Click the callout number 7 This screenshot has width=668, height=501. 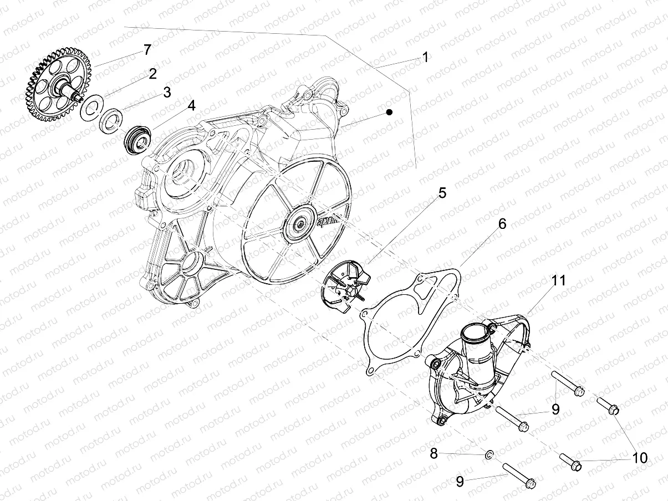147,50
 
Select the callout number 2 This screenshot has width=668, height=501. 152,73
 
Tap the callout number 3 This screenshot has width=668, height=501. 167,93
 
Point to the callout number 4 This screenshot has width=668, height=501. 191,105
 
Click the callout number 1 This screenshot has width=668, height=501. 425,57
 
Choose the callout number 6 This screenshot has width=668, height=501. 502,224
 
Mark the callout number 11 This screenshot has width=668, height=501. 559,280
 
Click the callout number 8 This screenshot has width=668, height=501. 434,454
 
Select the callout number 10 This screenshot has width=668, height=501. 640,458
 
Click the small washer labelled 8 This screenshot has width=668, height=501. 488,455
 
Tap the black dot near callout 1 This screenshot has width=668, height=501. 390,113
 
